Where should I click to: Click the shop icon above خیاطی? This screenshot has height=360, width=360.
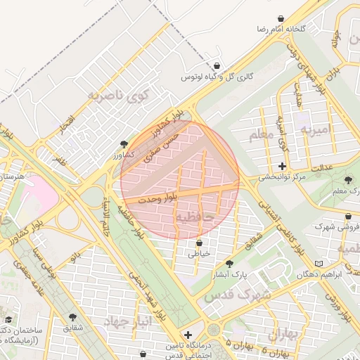click(199, 243)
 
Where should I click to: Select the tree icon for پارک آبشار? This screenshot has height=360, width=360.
click(229, 263)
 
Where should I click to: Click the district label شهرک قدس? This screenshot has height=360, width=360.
click(237, 295)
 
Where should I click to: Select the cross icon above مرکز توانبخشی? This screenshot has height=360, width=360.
click(283, 167)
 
